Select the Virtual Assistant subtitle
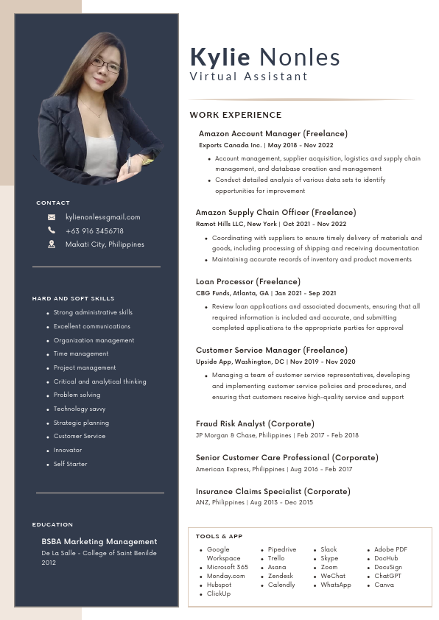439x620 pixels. pos(248,77)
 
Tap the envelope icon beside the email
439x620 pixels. pos(52,217)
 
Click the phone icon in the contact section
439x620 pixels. pos(52,230)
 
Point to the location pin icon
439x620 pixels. pos(52,244)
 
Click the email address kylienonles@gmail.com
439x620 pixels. pos(102,217)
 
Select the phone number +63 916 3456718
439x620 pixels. pos(94,230)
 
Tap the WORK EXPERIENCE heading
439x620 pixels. pos(236,115)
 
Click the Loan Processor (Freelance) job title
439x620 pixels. pos(247,281)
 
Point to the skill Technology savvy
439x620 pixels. pos(80,409)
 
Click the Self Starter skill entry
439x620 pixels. pos(70,464)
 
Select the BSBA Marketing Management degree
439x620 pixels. pos(99,541)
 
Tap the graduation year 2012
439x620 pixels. pos(49,563)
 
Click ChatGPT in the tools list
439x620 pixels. pos(387,576)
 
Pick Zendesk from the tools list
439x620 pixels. pos(281,576)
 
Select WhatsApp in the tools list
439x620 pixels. pos(336,585)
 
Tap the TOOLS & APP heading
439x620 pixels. pos(219,536)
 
